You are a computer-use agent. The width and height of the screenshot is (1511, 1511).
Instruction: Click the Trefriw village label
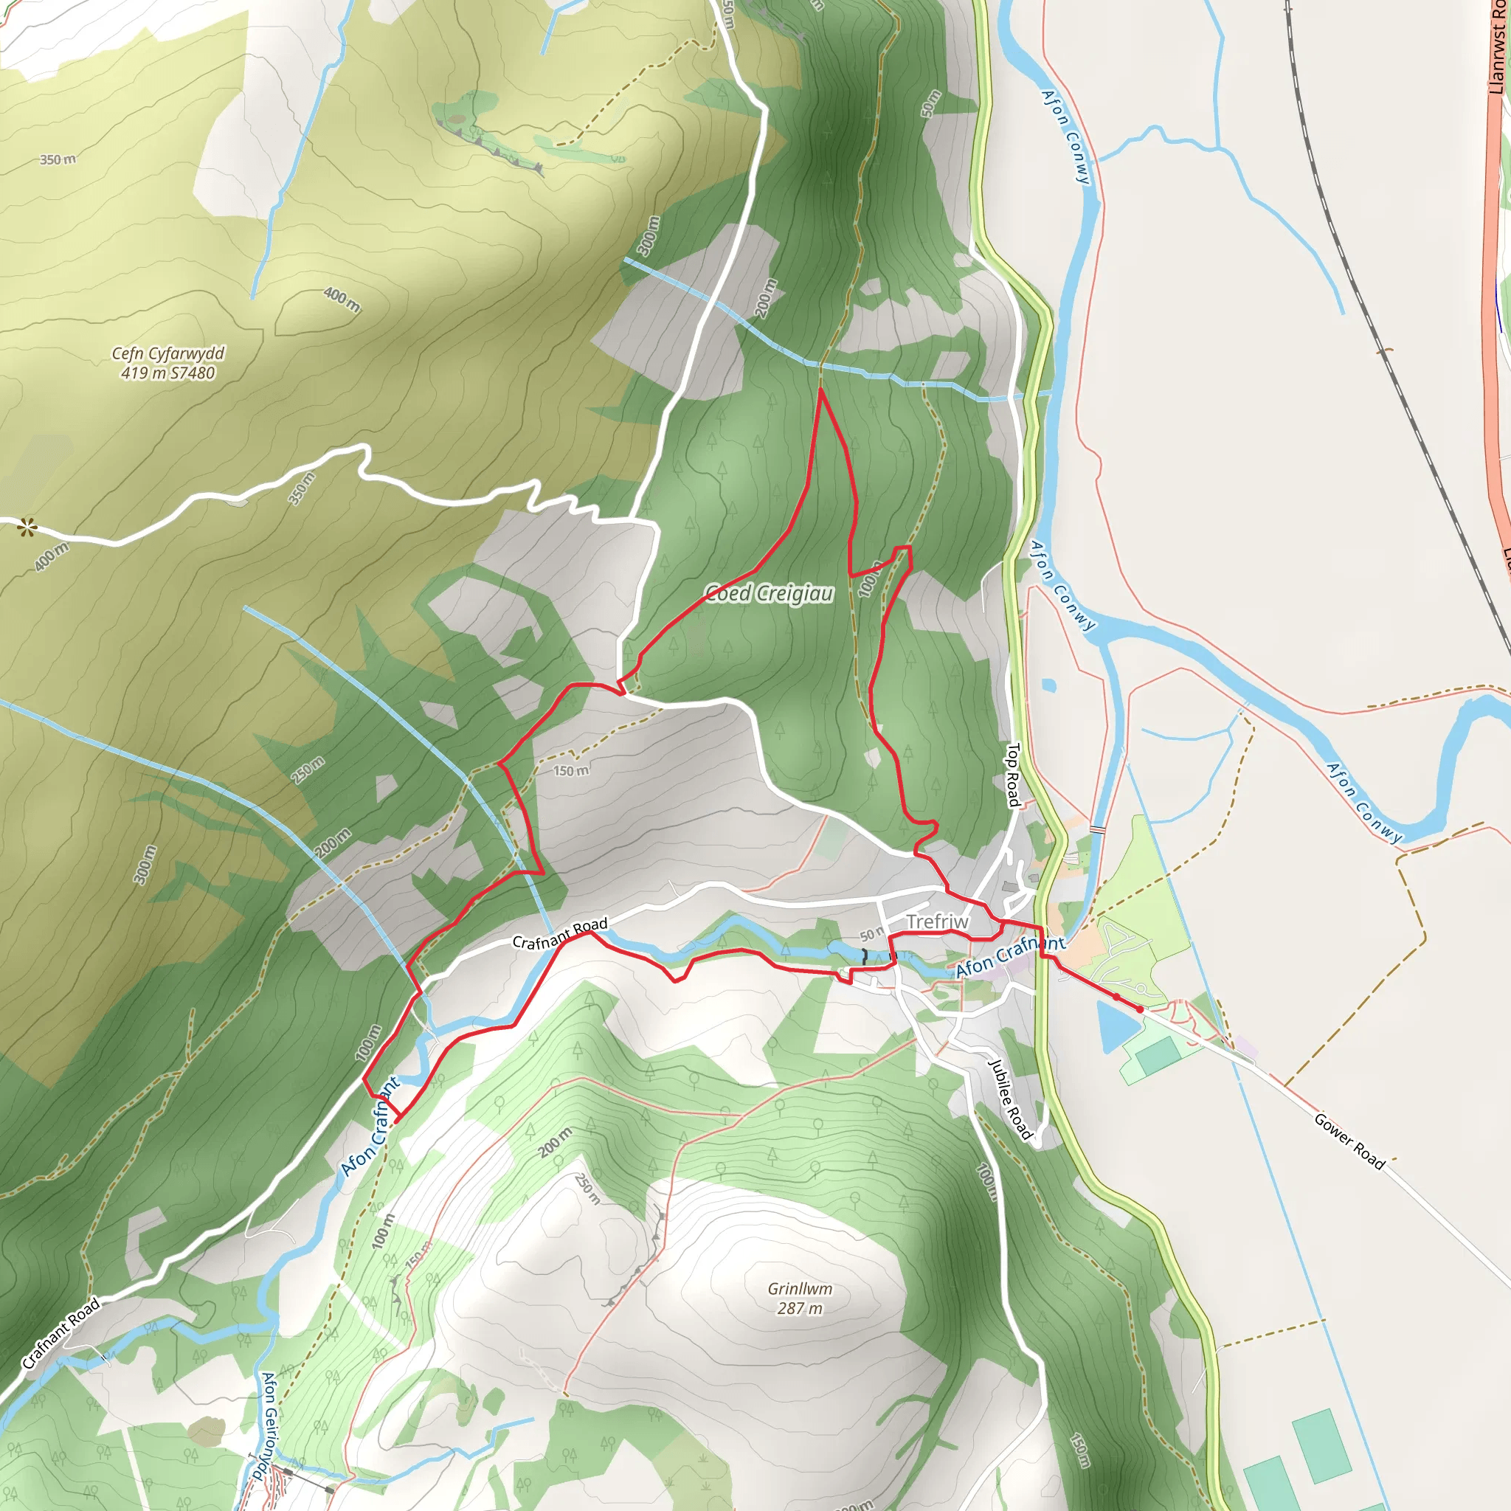point(937,922)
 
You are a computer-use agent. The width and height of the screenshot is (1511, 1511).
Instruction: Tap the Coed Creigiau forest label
point(769,594)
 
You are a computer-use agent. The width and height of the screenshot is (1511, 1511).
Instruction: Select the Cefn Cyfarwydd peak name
point(168,353)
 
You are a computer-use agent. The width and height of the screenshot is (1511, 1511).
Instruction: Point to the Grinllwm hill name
point(800,1289)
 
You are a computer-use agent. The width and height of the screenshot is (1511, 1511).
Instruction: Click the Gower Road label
point(1349,1141)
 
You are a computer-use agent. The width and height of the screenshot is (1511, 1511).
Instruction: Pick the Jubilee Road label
point(1011,1099)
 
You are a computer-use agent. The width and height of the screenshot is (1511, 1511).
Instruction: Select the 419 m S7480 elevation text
point(168,373)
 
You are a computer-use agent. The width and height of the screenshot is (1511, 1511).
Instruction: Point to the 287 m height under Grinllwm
point(800,1308)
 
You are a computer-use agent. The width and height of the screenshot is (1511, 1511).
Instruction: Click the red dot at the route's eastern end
point(1139,1010)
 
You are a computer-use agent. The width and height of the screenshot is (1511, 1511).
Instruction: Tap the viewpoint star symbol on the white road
point(27,528)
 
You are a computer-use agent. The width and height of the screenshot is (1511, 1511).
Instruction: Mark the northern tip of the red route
point(820,390)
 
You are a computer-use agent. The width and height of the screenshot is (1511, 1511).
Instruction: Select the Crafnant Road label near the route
point(559,934)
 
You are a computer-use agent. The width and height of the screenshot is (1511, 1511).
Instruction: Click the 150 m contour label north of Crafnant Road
point(571,771)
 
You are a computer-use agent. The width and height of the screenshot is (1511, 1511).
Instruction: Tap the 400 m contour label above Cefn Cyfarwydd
point(342,300)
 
